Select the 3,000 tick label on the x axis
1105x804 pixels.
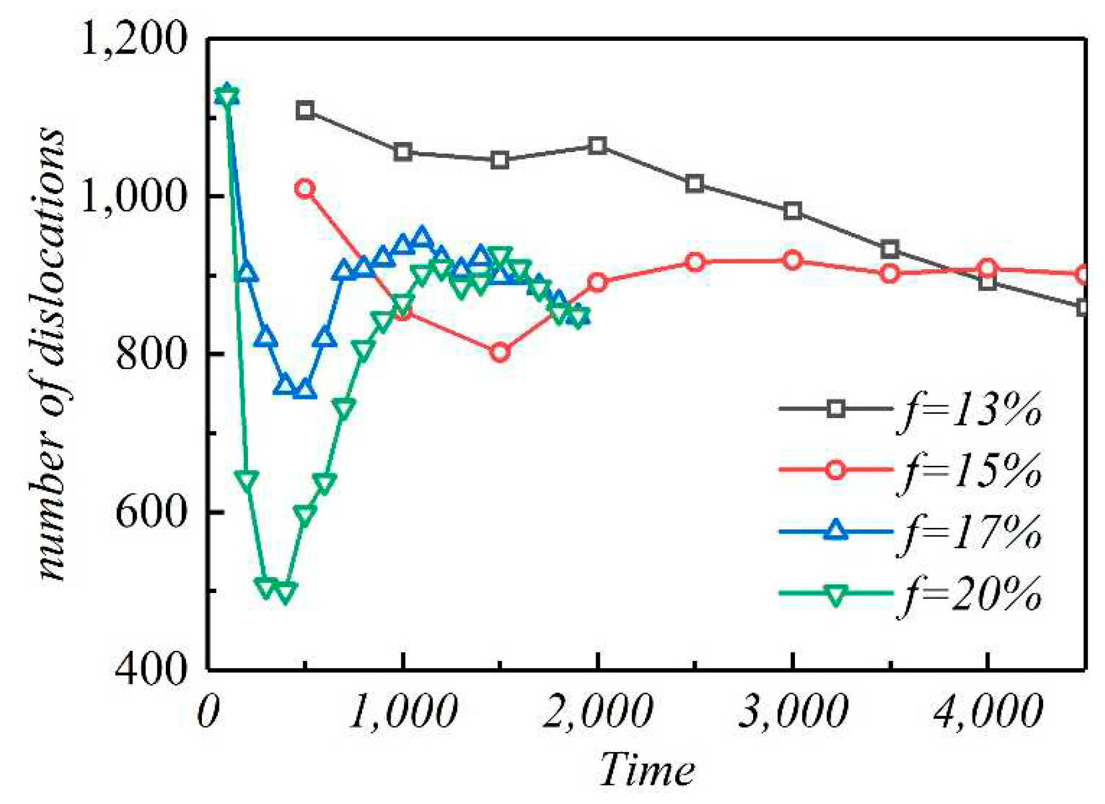point(793,711)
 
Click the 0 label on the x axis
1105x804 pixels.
point(208,711)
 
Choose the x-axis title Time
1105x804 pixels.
point(646,769)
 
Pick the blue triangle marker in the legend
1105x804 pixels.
point(836,531)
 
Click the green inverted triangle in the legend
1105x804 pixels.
point(836,594)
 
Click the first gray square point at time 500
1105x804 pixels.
point(305,111)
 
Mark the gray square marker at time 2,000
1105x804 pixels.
point(597,145)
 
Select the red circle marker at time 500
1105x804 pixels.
point(305,188)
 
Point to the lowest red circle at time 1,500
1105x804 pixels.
point(500,352)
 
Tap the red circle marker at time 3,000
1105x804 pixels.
point(792,260)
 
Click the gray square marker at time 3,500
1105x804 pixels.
point(890,249)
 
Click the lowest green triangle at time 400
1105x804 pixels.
point(285,592)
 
